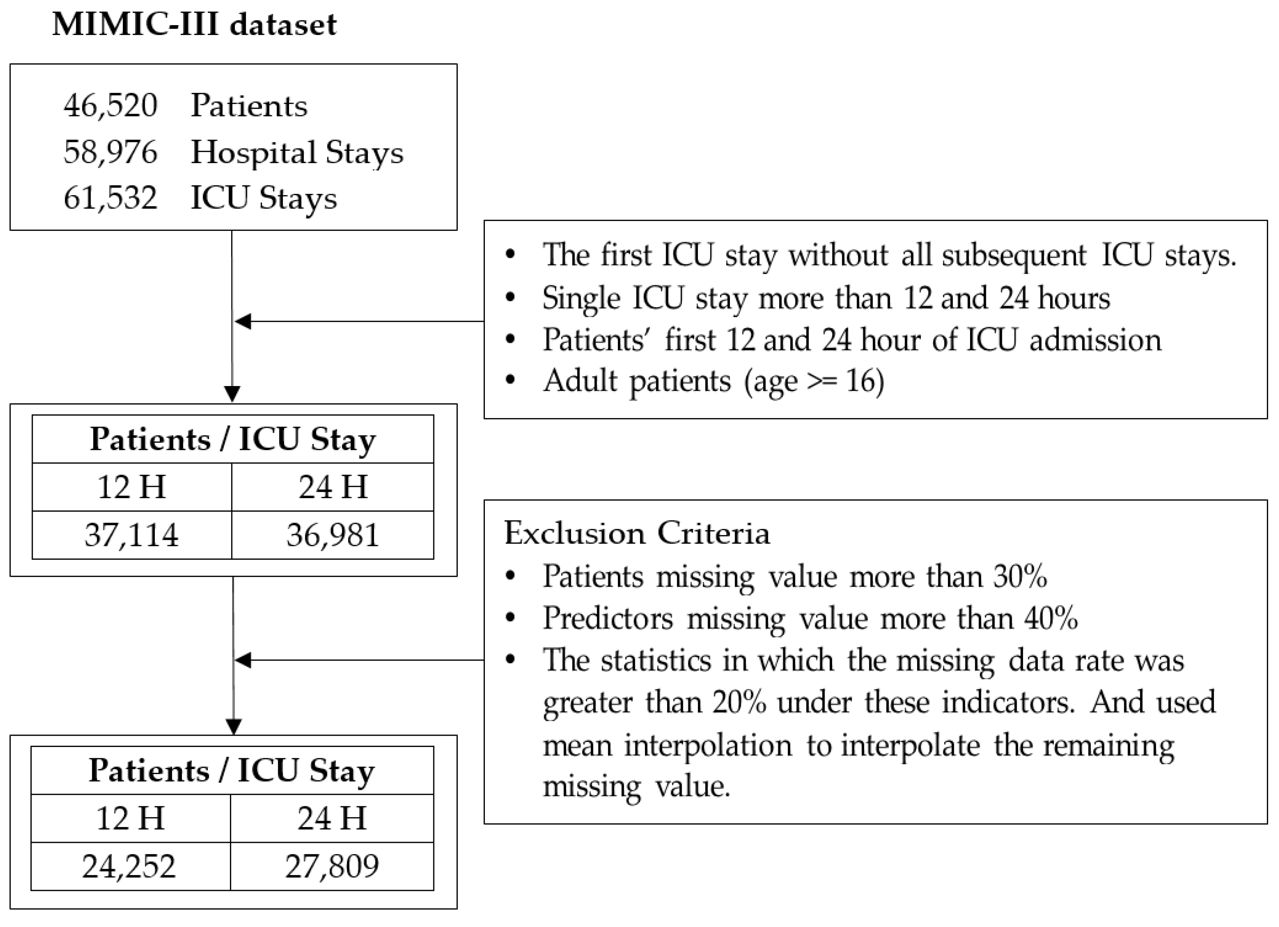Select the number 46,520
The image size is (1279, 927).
(x=110, y=105)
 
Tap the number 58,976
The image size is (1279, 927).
(x=110, y=152)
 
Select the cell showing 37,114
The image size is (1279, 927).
(x=132, y=535)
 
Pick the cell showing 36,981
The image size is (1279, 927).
(x=333, y=535)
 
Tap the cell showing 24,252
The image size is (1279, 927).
(x=129, y=867)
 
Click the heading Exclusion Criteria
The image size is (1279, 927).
(x=637, y=533)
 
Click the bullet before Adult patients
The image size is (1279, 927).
(x=510, y=380)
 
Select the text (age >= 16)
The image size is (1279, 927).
(x=814, y=381)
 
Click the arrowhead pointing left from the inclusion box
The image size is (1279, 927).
(x=242, y=321)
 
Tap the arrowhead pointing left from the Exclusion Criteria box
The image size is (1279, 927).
(x=242, y=660)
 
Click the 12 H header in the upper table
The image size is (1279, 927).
(x=132, y=487)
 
